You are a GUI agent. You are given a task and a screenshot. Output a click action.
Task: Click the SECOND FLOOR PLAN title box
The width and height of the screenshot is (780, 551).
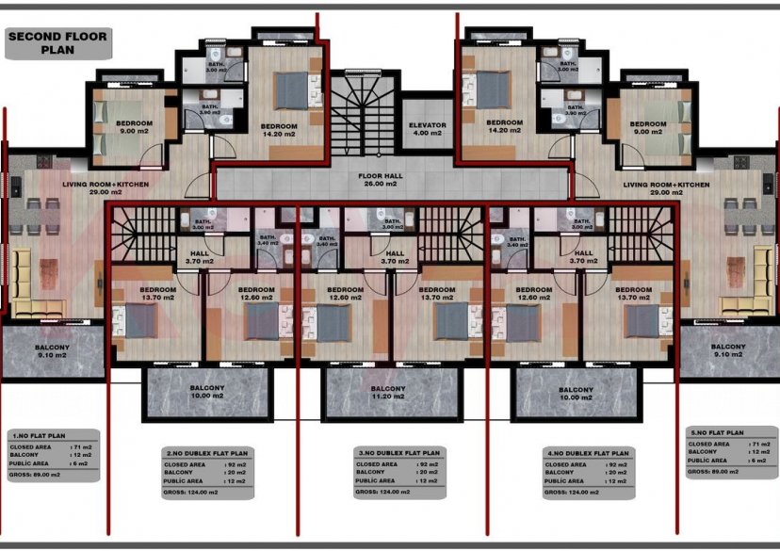(57, 43)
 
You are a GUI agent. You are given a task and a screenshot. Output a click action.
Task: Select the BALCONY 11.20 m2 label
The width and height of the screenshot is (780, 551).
(388, 393)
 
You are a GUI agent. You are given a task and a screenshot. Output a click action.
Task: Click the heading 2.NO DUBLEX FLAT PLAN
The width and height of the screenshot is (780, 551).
(206, 453)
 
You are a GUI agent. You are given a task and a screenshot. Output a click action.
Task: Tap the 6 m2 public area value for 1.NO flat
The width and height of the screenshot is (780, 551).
(85, 464)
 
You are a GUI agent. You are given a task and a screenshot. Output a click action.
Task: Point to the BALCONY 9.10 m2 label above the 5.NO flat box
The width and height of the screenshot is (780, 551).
(728, 351)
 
